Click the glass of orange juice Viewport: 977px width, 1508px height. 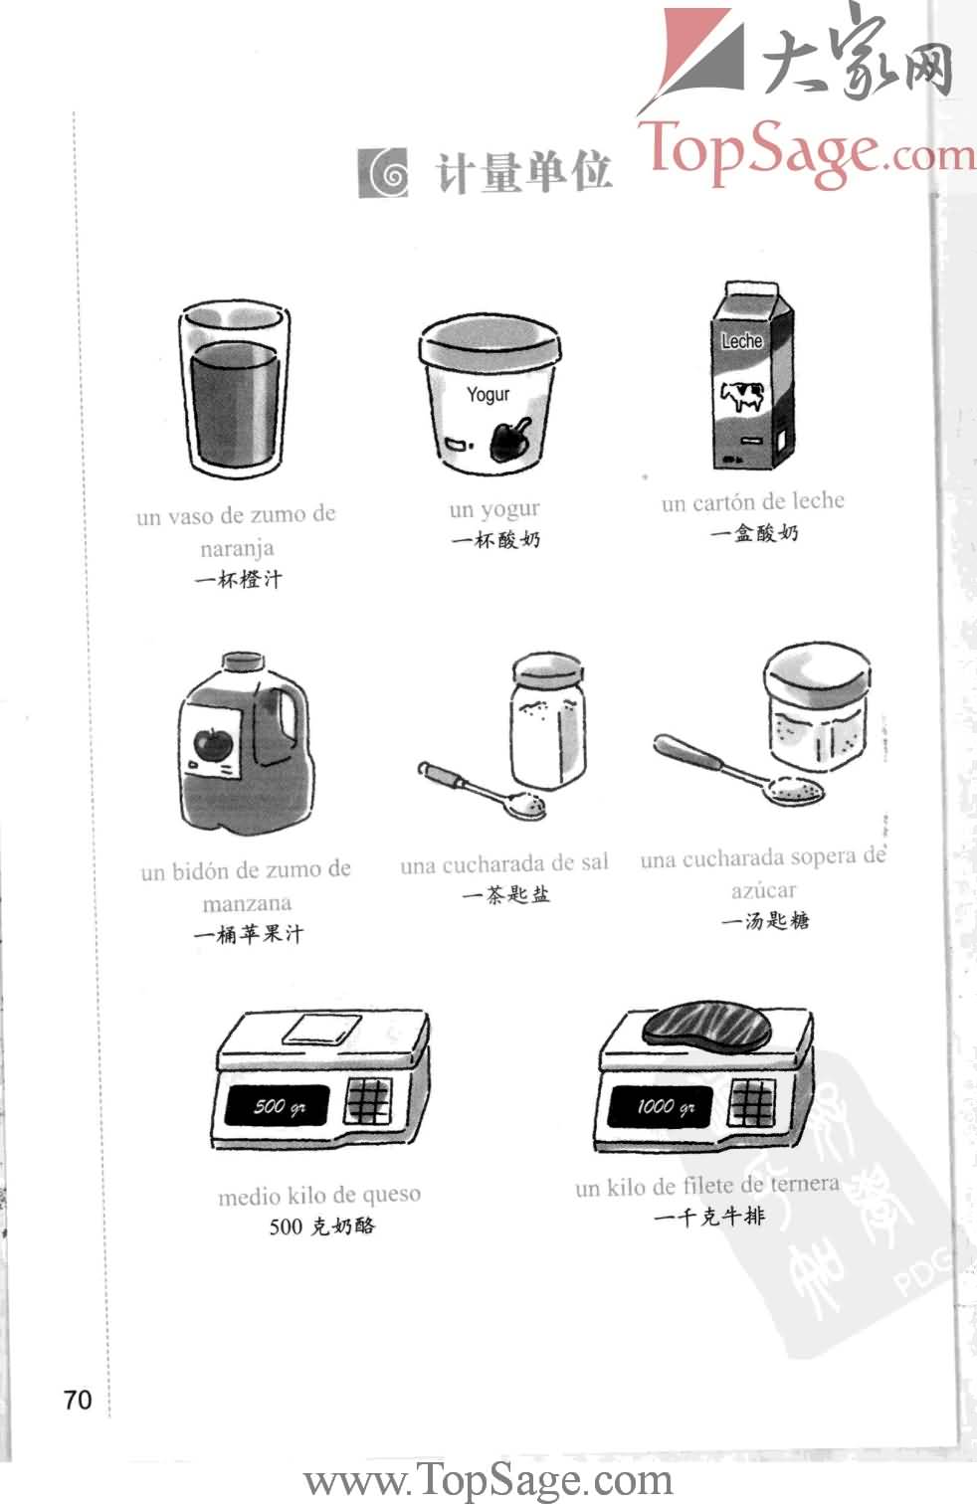[235, 393]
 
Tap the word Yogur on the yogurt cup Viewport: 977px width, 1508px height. [488, 395]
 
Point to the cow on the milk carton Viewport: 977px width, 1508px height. [742, 396]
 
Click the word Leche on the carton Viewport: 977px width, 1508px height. [741, 341]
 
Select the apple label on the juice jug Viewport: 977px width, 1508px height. [213, 742]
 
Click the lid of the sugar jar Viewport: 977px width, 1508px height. [816, 673]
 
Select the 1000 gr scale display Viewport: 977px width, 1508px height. [660, 1106]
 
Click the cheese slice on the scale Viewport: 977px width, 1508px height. [321, 1029]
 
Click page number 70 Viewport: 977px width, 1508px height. [77, 1400]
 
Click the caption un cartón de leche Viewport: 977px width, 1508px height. [752, 502]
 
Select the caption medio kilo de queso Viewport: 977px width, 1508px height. [319, 1195]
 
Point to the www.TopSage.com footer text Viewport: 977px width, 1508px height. [488, 1481]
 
